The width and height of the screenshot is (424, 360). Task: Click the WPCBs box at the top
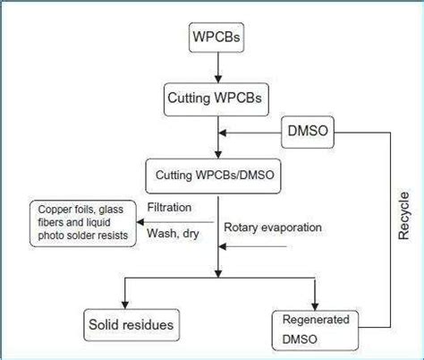(x=215, y=39)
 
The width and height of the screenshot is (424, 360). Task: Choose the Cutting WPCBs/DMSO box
(x=215, y=169)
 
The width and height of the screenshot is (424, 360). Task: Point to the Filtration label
(x=170, y=209)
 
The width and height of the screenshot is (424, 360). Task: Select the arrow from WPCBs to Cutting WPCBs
(x=215, y=68)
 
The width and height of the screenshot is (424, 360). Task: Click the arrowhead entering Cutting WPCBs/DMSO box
(x=215, y=151)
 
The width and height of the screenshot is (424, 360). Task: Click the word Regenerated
(x=316, y=318)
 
